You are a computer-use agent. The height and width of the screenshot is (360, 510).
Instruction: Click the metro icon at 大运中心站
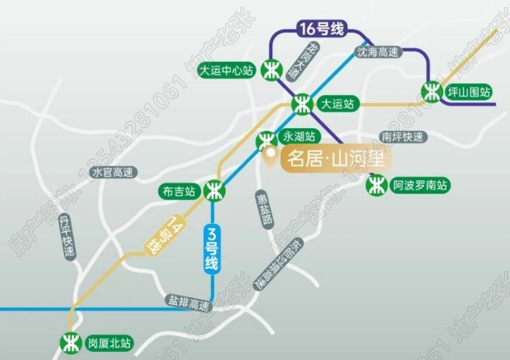tap(270, 69)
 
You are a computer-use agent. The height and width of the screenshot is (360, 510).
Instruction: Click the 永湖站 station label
tap(299, 136)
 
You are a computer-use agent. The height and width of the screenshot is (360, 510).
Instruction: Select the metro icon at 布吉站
tap(214, 190)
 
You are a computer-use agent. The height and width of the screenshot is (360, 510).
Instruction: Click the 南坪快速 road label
tap(403, 137)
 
